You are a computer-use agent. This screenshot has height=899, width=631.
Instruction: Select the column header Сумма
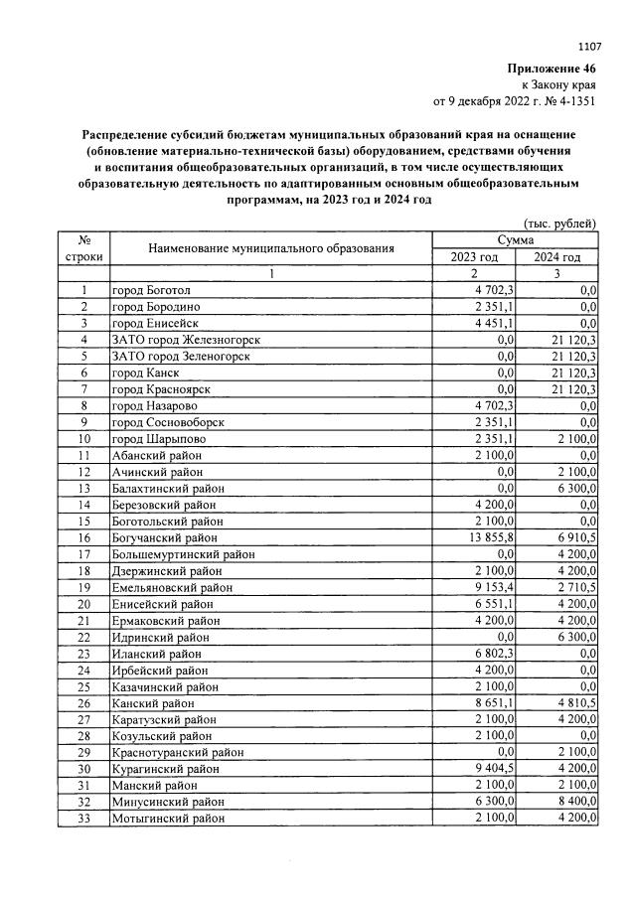click(516, 240)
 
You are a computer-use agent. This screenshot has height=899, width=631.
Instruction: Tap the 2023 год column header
click(473, 257)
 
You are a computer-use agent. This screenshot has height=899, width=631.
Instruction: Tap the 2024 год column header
click(556, 257)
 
